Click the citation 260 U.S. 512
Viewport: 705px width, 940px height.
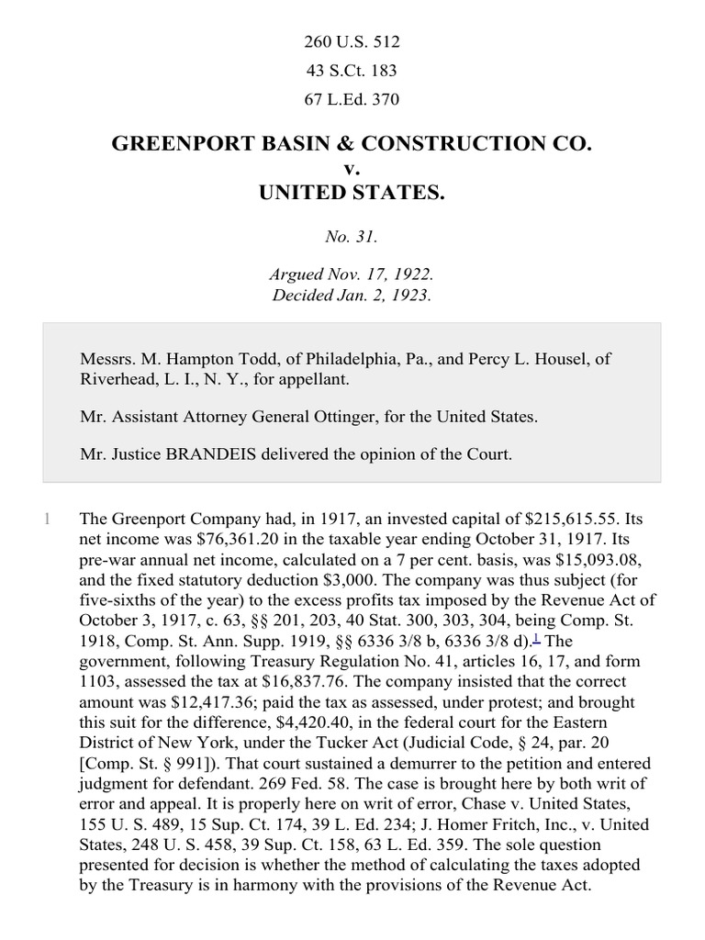[x=352, y=42]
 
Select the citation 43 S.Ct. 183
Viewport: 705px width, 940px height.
[x=352, y=71]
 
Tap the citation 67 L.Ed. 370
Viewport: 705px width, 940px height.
[x=352, y=99]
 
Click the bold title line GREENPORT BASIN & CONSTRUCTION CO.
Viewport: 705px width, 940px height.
[x=352, y=144]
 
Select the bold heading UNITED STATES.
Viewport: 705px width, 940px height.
[x=352, y=193]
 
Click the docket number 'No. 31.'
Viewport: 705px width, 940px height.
[x=352, y=237]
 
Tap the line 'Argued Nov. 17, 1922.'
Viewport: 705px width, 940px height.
[x=352, y=274]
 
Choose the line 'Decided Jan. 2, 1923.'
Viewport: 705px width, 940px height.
[x=352, y=296]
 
